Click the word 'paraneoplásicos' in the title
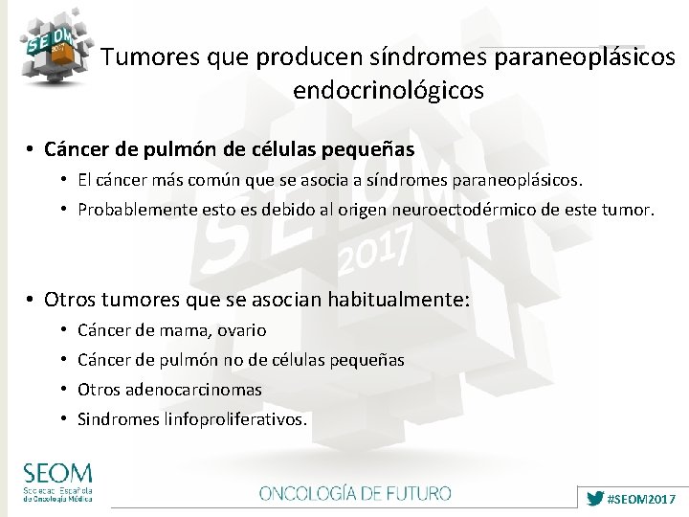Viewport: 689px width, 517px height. point(585,57)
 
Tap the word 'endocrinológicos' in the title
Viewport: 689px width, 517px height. point(389,91)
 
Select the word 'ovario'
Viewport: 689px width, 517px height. point(243,330)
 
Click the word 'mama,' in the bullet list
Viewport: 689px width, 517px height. point(192,330)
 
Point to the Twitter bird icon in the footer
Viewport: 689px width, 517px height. point(595,499)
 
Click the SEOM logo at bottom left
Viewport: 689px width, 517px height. point(58,483)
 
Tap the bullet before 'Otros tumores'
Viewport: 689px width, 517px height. point(32,300)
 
